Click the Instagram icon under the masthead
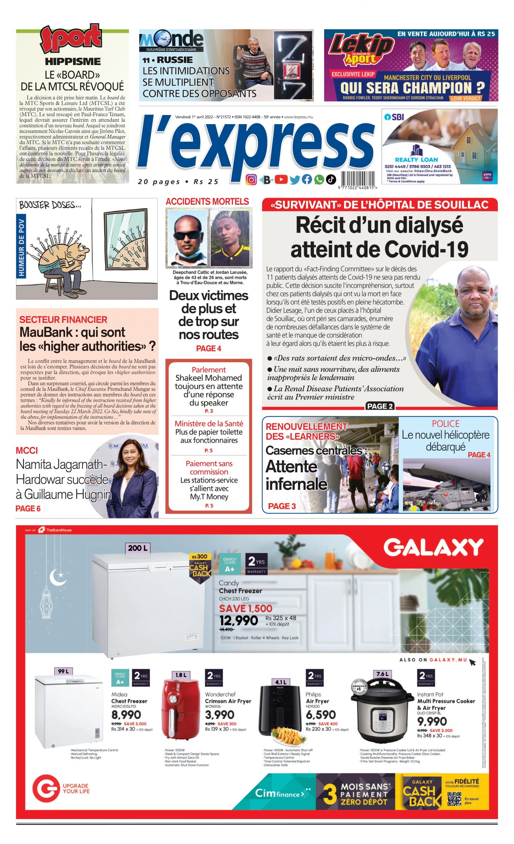click(251, 180)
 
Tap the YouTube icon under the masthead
click(281, 180)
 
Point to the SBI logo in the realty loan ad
click(394, 117)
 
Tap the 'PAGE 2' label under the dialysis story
click(380, 406)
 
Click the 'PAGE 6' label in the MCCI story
click(28, 509)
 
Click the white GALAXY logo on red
click(433, 548)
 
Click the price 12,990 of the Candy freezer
click(239, 620)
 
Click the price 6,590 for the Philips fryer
click(321, 715)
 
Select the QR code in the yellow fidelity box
click(454, 799)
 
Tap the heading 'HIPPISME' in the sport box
click(73, 62)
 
